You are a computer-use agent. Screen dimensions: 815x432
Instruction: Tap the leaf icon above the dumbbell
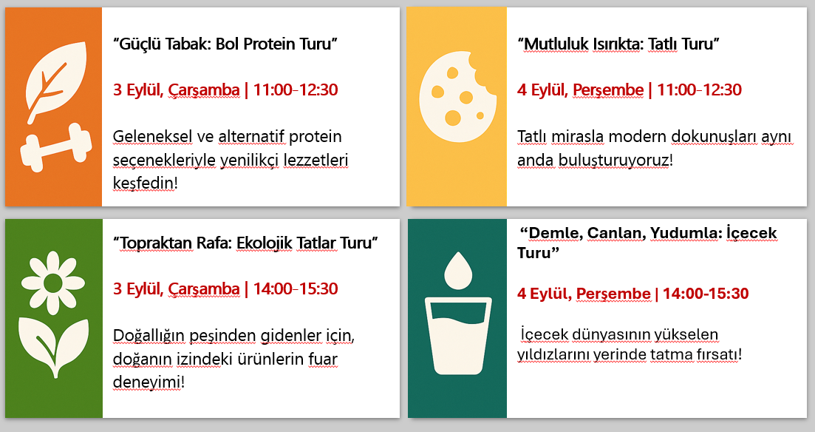[55, 81]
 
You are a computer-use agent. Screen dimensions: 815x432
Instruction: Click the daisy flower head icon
[53, 283]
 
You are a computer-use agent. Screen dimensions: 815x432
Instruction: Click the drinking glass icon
[458, 336]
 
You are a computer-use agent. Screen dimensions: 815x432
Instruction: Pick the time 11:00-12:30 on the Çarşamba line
[296, 90]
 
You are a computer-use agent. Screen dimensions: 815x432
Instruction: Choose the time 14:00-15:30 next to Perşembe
[706, 294]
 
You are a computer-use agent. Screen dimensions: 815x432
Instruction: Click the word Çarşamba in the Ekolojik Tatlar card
[204, 289]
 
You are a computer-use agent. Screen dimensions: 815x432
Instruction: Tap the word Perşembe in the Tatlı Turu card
[608, 90]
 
